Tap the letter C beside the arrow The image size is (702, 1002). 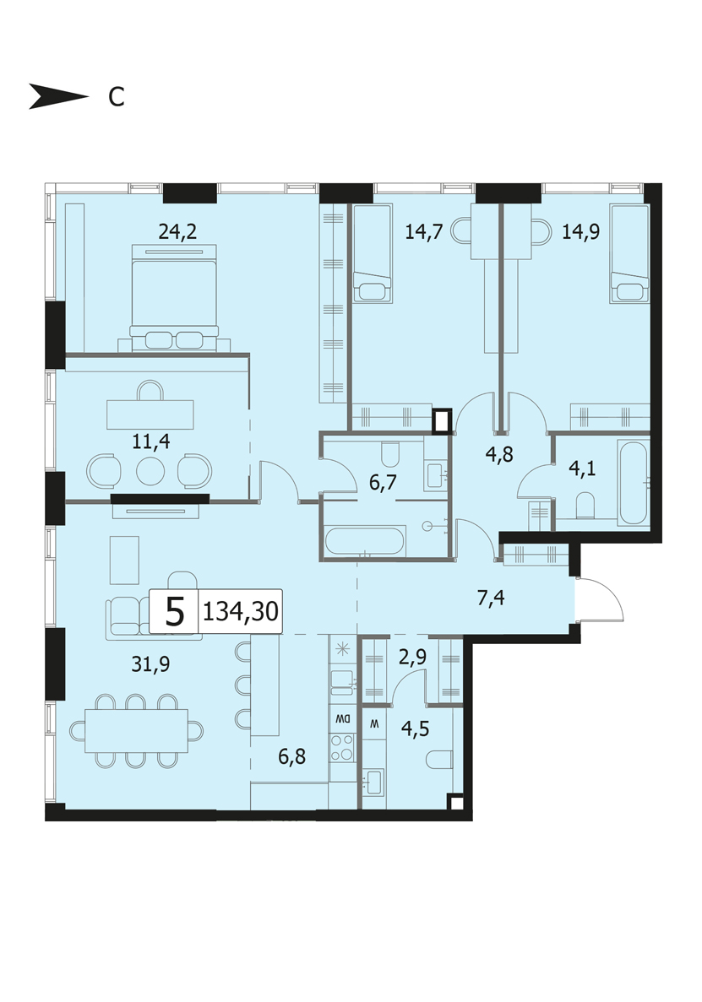pyautogui.click(x=116, y=97)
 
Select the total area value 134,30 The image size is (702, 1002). pyautogui.click(x=241, y=611)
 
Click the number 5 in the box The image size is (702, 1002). pyautogui.click(x=175, y=612)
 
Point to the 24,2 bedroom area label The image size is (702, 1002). pyautogui.click(x=177, y=230)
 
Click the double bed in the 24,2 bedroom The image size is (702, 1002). pyautogui.click(x=175, y=297)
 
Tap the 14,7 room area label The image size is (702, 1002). pyautogui.click(x=424, y=230)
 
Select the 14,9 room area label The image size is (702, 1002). pyautogui.click(x=580, y=230)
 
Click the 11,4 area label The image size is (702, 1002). pyautogui.click(x=151, y=441)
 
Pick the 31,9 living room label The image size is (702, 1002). pyautogui.click(x=150, y=664)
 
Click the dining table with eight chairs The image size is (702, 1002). pyautogui.click(x=136, y=730)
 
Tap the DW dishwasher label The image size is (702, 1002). pyautogui.click(x=342, y=718)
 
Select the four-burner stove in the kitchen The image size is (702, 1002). pyautogui.click(x=342, y=747)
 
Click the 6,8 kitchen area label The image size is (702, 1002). pyautogui.click(x=291, y=757)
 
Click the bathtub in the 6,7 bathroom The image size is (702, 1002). pyautogui.click(x=364, y=541)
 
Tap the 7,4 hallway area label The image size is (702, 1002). pyautogui.click(x=491, y=598)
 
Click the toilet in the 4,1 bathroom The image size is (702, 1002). pyautogui.click(x=585, y=505)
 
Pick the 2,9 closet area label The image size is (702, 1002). pyautogui.click(x=412, y=657)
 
